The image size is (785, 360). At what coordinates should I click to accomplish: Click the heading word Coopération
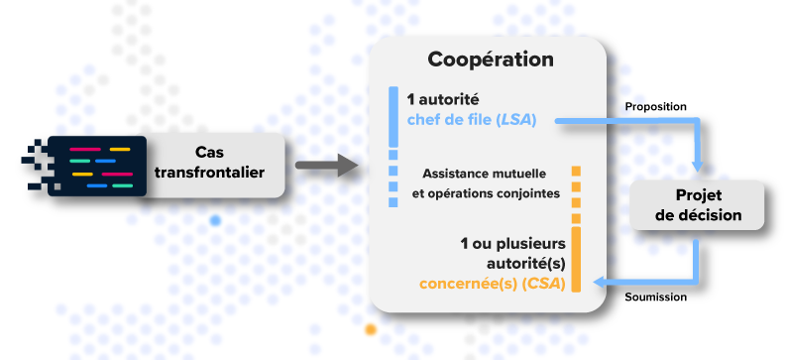coord(491,59)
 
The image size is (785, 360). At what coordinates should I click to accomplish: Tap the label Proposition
coord(655,106)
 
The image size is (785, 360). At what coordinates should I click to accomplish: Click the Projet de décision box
coord(699,205)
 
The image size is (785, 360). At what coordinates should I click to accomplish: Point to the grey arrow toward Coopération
coord(326,166)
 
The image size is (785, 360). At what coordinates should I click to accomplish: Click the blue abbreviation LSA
coord(516,121)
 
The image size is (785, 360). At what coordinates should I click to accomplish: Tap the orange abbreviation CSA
coord(544,284)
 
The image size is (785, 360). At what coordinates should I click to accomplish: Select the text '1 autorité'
coord(443,100)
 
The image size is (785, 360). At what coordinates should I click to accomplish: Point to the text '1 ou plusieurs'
coord(512,243)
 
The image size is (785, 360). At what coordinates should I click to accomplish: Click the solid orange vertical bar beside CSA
coord(575,260)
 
